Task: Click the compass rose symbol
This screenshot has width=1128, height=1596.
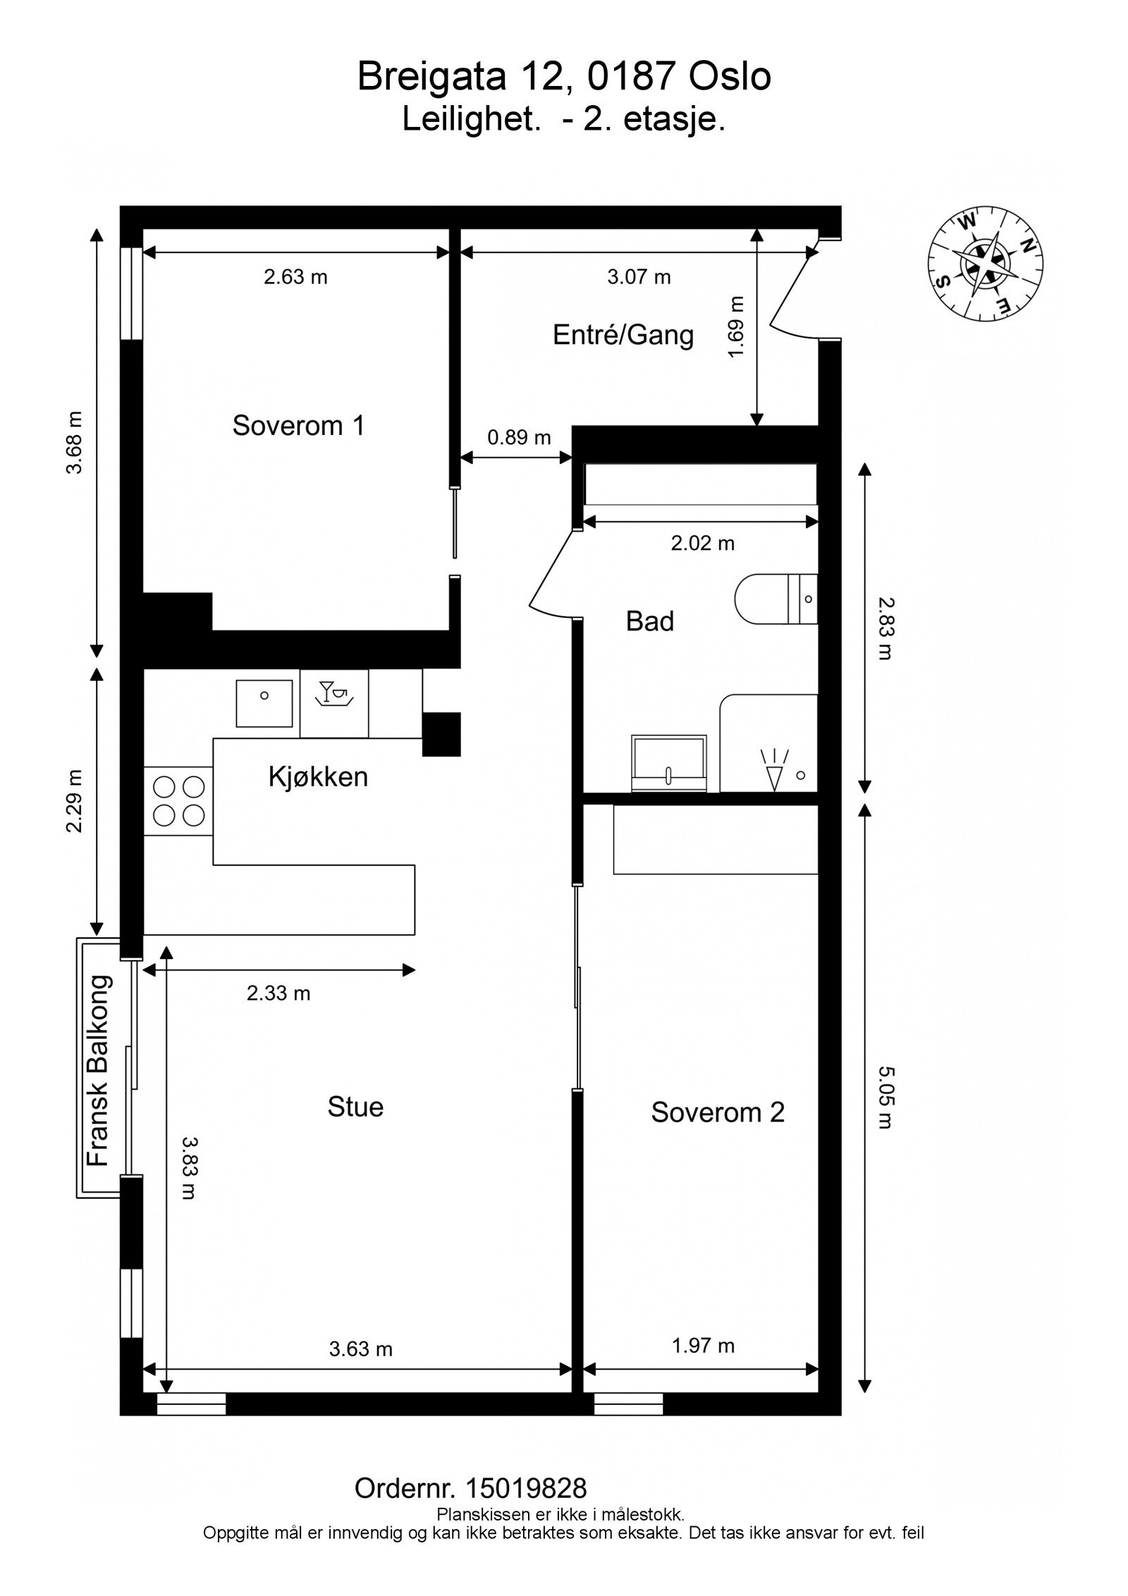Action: click(985, 264)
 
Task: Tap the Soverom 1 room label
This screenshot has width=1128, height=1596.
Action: click(299, 426)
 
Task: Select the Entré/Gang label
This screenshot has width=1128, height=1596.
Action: click(623, 334)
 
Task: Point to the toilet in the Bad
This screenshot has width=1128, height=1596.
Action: click(776, 599)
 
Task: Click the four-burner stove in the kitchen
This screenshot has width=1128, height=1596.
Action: click(178, 800)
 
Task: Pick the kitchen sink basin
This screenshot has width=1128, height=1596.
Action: click(264, 703)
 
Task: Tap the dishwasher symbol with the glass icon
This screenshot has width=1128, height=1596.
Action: click(334, 703)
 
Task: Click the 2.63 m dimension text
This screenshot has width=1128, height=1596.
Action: click(296, 276)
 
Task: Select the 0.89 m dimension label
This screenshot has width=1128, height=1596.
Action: click(520, 437)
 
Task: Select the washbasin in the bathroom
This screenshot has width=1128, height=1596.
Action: click(669, 763)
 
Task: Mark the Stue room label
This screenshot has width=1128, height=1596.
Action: click(355, 1107)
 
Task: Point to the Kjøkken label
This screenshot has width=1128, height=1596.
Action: click(319, 776)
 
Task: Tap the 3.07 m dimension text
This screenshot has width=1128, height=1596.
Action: click(639, 276)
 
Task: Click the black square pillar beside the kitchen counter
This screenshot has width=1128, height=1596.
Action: click(441, 734)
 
